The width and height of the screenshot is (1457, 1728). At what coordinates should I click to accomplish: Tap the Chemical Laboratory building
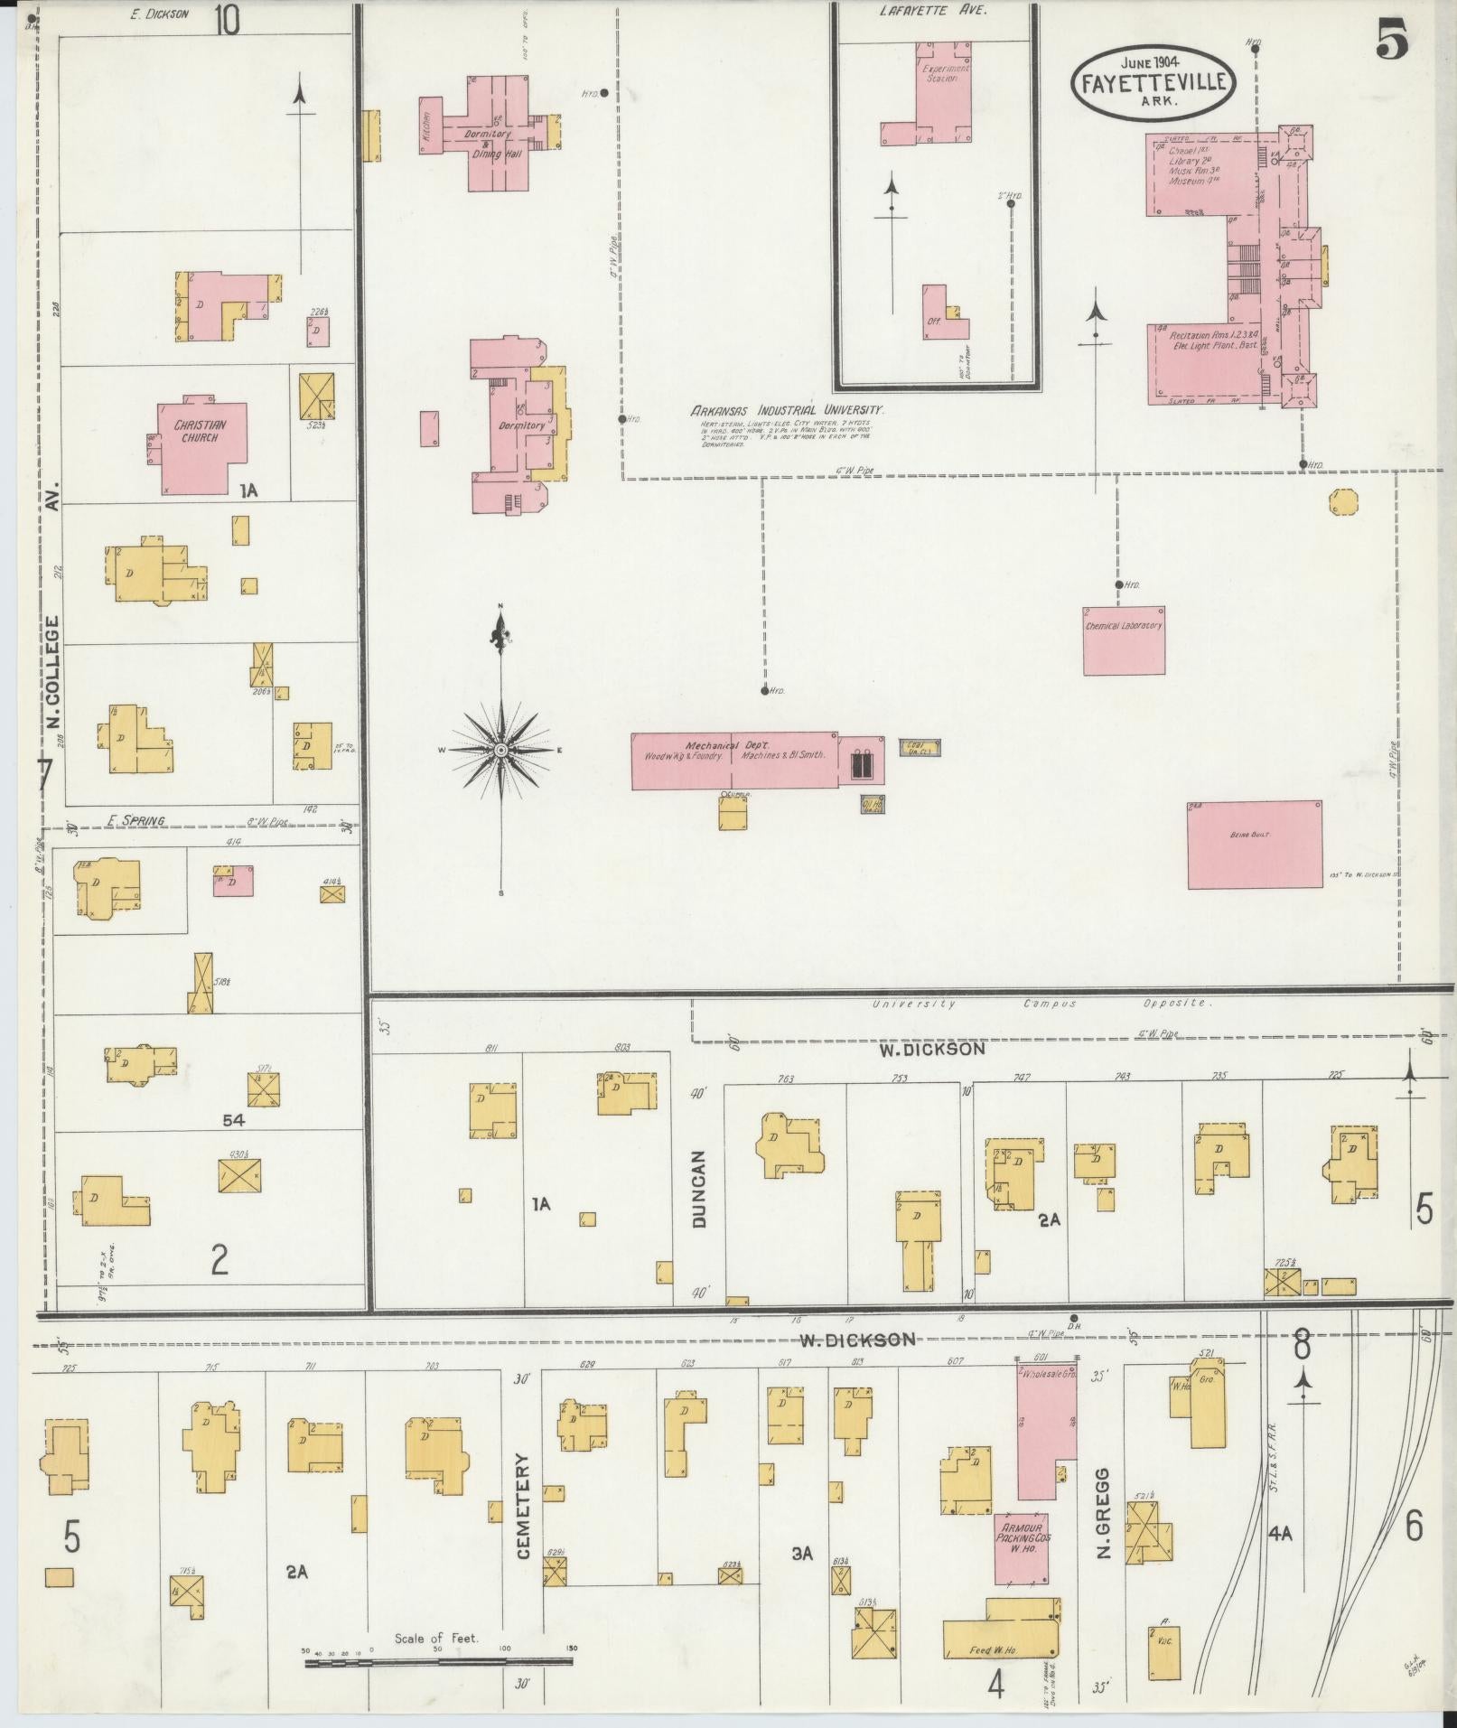pyautogui.click(x=1124, y=640)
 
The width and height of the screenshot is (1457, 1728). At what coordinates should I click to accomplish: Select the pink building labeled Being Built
pyautogui.click(x=1254, y=845)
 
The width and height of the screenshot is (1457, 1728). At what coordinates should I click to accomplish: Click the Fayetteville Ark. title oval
pyautogui.click(x=1150, y=81)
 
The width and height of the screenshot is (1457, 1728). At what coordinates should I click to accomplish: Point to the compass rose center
pyautogui.click(x=500, y=750)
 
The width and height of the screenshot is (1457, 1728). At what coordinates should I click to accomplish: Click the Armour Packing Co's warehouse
pyautogui.click(x=1022, y=1547)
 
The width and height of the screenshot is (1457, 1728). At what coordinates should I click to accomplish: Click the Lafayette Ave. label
pyautogui.click(x=934, y=11)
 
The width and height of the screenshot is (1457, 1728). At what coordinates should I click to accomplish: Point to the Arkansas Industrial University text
pyautogui.click(x=788, y=410)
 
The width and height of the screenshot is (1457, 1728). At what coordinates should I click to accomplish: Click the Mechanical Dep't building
pyautogui.click(x=733, y=761)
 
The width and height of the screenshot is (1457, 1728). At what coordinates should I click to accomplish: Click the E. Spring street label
pyautogui.click(x=136, y=820)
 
